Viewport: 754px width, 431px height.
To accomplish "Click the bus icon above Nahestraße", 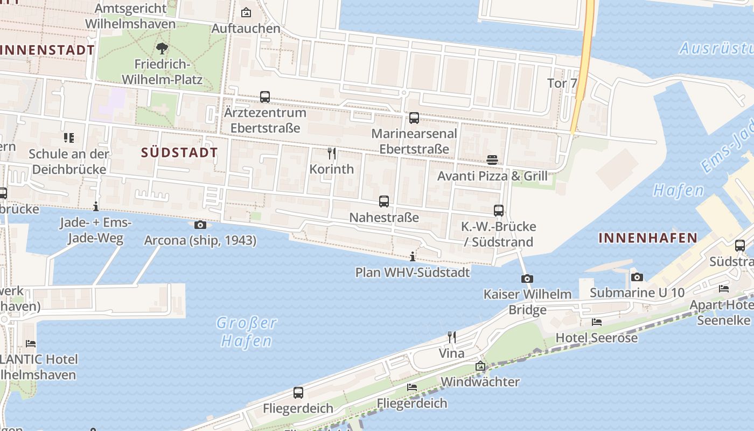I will pyautogui.click(x=383, y=201).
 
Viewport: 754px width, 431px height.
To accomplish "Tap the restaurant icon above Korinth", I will pyautogui.click(x=332, y=154).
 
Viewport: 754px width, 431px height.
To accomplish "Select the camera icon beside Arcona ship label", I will pyautogui.click(x=200, y=225).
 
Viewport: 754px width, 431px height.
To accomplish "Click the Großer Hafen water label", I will pyautogui.click(x=247, y=332).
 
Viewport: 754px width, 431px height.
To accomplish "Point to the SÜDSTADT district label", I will pyautogui.click(x=179, y=152).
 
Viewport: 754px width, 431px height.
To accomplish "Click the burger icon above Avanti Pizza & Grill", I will pyautogui.click(x=492, y=160).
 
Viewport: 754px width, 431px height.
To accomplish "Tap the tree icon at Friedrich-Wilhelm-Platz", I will pyautogui.click(x=162, y=49).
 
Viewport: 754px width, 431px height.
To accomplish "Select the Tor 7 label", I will pyautogui.click(x=562, y=84).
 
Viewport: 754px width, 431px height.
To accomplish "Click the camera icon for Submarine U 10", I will pyautogui.click(x=637, y=277).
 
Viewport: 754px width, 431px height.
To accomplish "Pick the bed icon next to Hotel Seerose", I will pyautogui.click(x=596, y=322).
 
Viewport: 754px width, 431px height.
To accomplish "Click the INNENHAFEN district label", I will pyautogui.click(x=648, y=238).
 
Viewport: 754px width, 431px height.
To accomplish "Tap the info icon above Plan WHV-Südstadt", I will pyautogui.click(x=413, y=256).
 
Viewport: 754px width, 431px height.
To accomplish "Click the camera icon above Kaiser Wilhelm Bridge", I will pyautogui.click(x=527, y=279).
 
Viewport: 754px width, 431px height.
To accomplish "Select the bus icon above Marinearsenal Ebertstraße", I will pyautogui.click(x=414, y=118).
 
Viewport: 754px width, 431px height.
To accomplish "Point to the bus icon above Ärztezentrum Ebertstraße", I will pyautogui.click(x=265, y=97).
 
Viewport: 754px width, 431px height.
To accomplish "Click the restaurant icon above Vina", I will pyautogui.click(x=451, y=338).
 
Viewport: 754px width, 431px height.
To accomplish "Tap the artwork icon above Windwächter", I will pyautogui.click(x=480, y=366).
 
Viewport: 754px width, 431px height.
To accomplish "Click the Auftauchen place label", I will pyautogui.click(x=246, y=28).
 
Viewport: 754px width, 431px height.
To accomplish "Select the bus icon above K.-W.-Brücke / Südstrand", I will pyautogui.click(x=499, y=211).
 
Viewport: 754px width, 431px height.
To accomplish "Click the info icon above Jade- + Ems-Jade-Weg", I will pyautogui.click(x=96, y=206).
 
